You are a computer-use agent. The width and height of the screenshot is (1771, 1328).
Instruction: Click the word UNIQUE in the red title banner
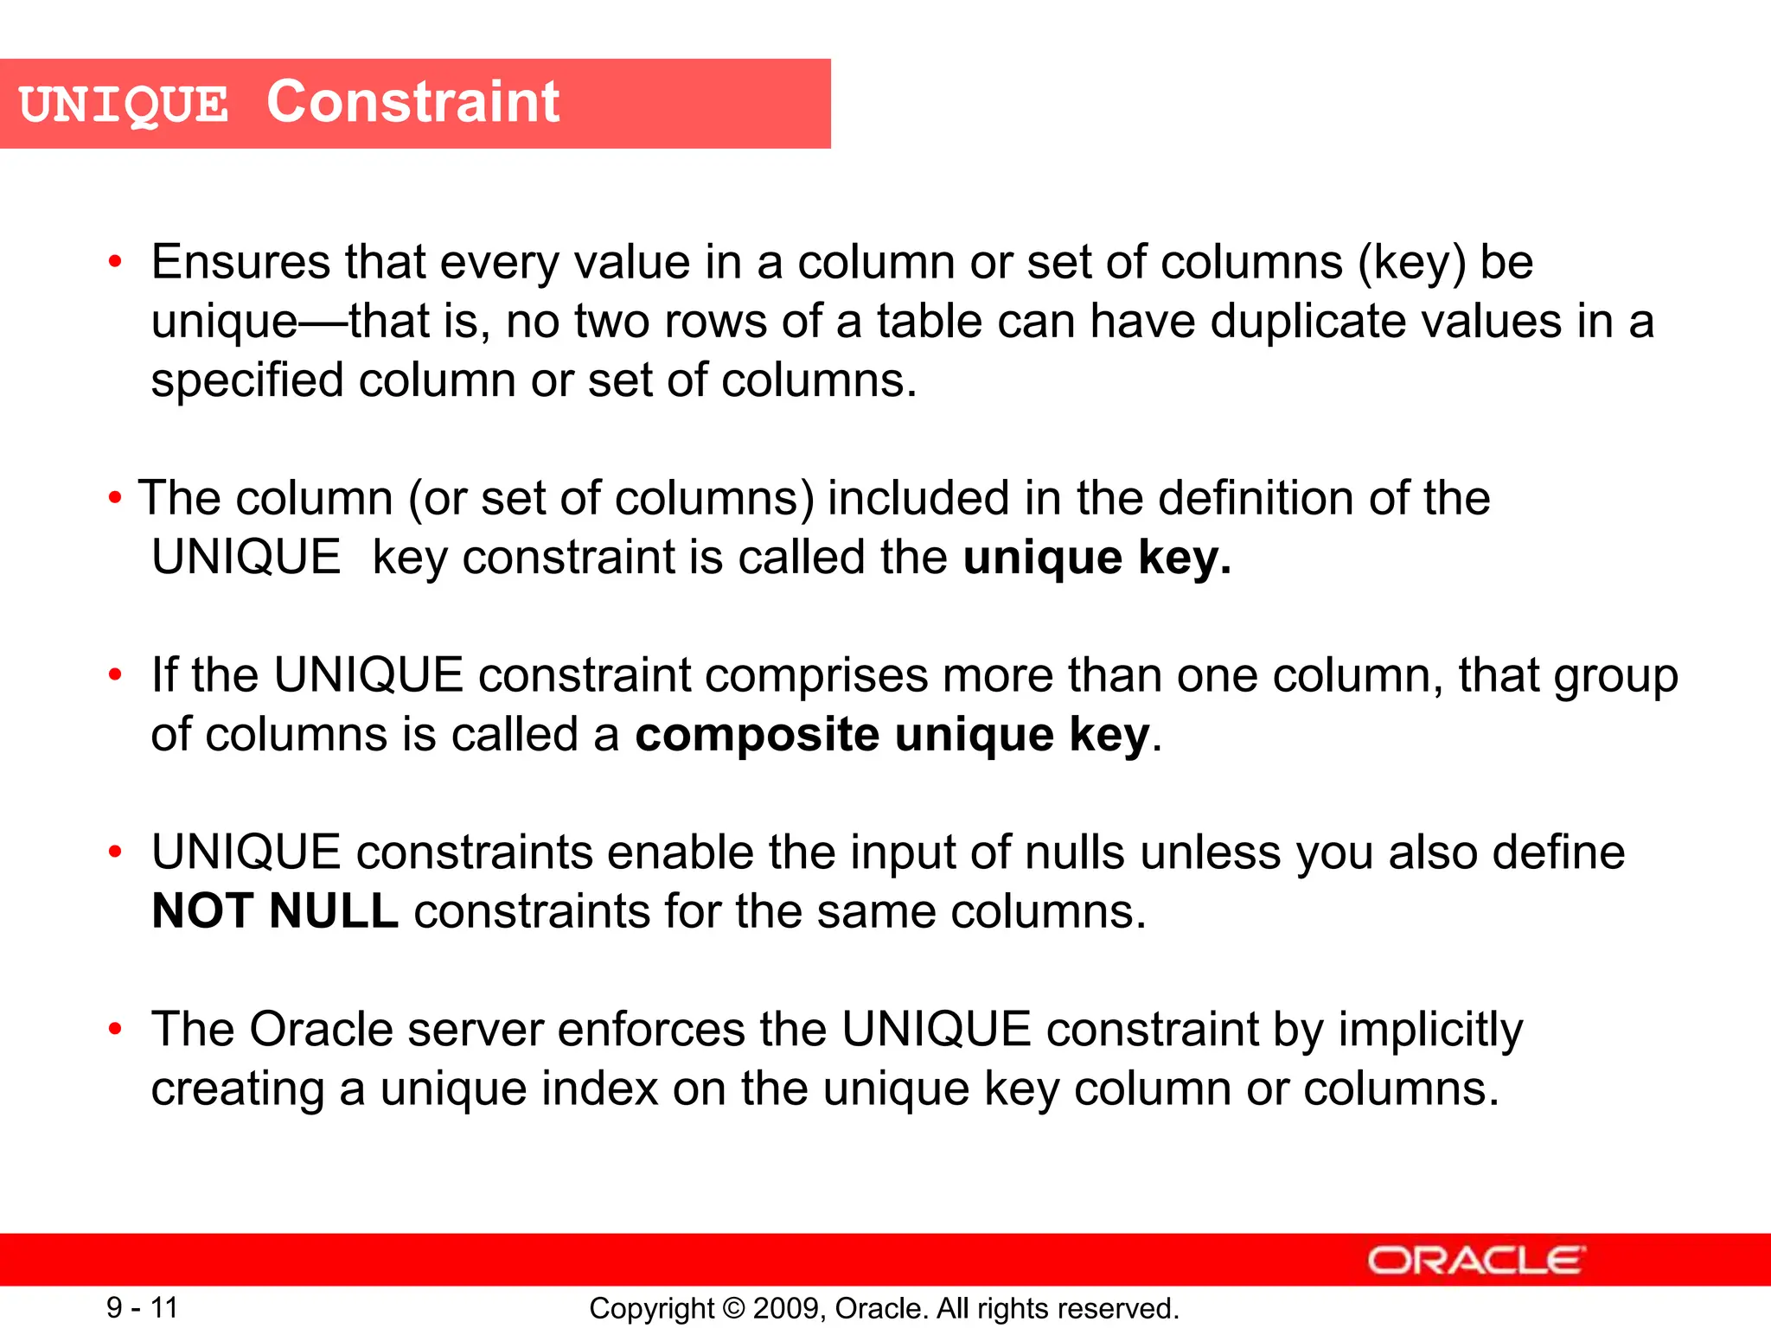[x=124, y=105]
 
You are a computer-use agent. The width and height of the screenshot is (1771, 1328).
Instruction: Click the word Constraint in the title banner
[x=412, y=102]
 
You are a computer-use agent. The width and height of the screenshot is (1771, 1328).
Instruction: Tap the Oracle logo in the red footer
[x=1476, y=1260]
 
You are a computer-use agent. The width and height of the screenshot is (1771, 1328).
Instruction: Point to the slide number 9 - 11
[x=142, y=1307]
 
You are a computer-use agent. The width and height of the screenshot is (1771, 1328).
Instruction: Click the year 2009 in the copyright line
[x=781, y=1308]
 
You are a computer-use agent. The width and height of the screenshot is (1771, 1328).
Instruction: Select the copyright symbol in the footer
[x=733, y=1308]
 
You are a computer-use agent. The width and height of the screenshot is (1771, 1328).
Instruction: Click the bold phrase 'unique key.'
[x=1096, y=558]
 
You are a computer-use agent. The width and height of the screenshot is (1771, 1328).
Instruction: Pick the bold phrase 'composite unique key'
[x=892, y=735]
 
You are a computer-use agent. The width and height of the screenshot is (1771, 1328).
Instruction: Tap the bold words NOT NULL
[x=275, y=911]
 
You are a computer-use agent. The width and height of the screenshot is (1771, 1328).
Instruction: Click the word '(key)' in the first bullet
[x=1412, y=263]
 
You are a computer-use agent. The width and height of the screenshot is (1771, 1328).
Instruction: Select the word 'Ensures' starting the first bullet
[x=240, y=262]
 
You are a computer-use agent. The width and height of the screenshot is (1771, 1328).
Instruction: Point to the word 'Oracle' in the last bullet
[x=322, y=1030]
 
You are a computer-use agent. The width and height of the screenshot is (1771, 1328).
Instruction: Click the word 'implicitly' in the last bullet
[x=1430, y=1031]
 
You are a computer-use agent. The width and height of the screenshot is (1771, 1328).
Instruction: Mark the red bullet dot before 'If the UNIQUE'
[x=115, y=675]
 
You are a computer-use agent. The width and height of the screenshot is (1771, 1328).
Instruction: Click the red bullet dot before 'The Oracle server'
[x=115, y=1030]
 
